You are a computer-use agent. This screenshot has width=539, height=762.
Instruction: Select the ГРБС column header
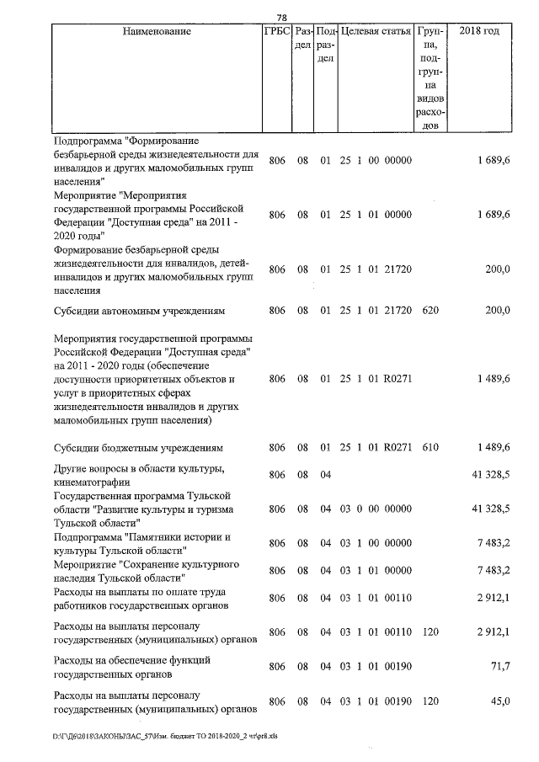pos(277,32)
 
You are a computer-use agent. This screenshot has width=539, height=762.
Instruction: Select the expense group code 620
pos(430,311)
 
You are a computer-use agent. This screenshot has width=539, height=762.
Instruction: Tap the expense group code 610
pos(430,447)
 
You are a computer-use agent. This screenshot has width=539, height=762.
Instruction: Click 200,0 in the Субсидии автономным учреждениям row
pos(496,311)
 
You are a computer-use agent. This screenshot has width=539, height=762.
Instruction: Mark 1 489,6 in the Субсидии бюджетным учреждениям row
pos(492,447)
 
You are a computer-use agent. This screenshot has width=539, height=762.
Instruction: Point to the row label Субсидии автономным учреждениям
pos(139,311)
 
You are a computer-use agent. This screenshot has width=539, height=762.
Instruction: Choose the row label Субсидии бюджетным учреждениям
pos(138,447)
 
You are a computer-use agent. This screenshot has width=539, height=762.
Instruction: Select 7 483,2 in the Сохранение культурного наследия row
pos(492,570)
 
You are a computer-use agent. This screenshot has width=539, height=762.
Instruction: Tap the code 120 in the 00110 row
pos(430,631)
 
